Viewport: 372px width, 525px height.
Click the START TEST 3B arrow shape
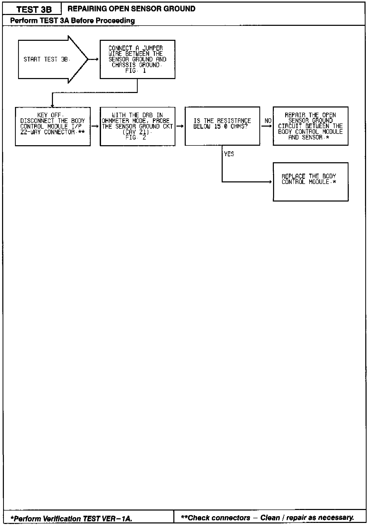pos(49,59)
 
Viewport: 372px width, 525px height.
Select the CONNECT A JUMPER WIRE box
pos(137,59)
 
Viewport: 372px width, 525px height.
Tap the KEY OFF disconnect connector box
pos(53,126)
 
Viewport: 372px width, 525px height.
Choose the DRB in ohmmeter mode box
pos(137,126)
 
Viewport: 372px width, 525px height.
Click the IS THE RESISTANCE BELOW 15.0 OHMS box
pos(222,126)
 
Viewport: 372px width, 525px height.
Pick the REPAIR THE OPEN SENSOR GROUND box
pos(311,126)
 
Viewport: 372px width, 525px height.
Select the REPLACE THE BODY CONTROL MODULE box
pos(311,182)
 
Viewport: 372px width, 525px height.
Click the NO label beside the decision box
pos(268,121)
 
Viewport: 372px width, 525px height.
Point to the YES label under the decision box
pos(229,154)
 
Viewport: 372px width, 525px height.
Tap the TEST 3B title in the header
pos(34,10)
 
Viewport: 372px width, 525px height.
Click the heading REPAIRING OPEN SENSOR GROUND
pos(131,9)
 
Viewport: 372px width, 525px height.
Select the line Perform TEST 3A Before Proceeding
pos(72,20)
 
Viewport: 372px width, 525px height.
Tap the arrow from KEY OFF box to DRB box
pos(95,126)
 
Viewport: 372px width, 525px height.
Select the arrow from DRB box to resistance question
pos(180,126)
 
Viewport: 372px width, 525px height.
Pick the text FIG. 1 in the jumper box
pos(136,71)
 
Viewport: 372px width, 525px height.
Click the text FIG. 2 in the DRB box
pos(136,138)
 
